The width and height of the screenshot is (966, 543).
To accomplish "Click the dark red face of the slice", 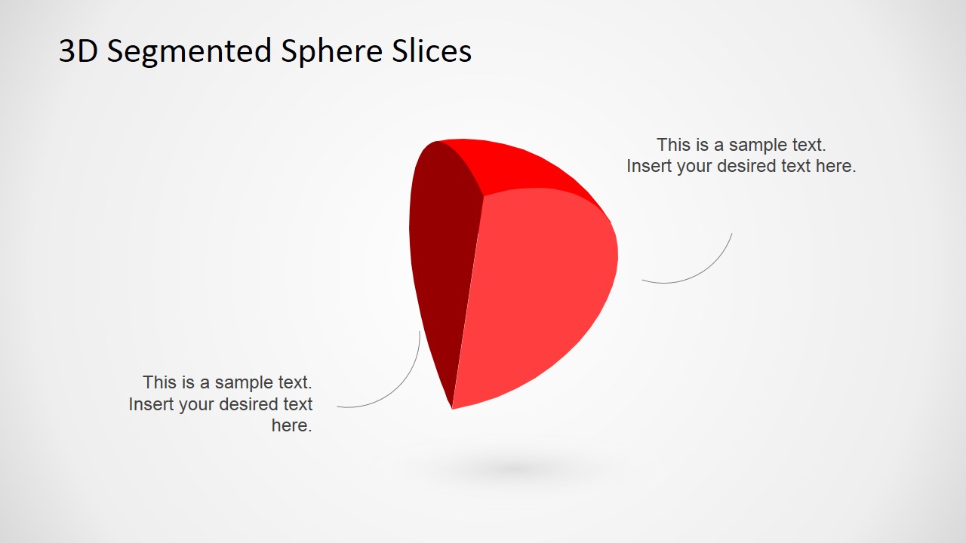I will coord(441,256).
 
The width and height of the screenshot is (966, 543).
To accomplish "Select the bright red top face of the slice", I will coord(521,166).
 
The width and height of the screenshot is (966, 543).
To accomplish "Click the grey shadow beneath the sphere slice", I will coord(513,469).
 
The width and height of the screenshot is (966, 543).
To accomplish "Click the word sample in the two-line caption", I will coord(758,145).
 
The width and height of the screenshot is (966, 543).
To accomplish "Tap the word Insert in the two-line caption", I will coord(648,166).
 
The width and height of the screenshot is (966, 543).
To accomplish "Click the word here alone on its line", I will coord(291,425).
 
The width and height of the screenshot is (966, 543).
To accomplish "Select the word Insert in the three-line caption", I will coord(150,404).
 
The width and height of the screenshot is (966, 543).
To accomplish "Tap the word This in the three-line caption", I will coord(158,382).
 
